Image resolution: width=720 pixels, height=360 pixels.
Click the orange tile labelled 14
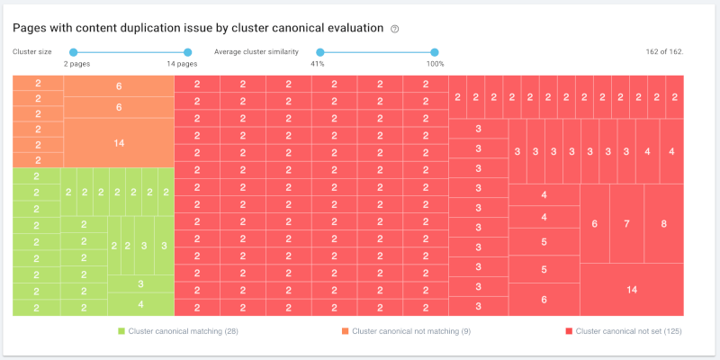119,143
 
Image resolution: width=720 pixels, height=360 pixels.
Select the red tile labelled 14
632,289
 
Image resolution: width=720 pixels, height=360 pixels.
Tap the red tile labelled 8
663,223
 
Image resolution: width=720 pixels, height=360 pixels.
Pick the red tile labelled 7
626,223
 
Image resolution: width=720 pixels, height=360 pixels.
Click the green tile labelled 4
140,304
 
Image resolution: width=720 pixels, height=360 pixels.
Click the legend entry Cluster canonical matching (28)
183,331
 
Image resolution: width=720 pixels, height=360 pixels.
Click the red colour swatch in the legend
569,331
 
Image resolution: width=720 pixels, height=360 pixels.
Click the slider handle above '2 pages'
74,52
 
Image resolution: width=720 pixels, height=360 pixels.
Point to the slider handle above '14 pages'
188,52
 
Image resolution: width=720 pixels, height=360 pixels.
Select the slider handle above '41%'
320,52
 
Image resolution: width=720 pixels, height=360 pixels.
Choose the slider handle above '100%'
435,52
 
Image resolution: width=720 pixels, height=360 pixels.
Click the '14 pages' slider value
182,64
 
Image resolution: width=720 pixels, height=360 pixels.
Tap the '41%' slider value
318,64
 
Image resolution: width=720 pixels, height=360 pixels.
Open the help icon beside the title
395,29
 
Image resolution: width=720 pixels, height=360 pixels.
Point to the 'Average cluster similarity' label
256,52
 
